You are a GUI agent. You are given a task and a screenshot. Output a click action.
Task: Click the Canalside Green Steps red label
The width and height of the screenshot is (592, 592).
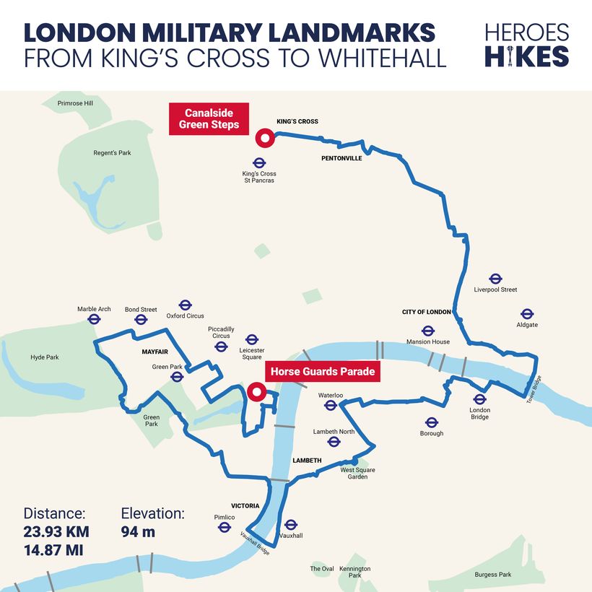tap(208, 119)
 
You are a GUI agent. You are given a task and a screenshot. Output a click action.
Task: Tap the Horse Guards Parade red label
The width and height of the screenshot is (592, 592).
tap(323, 372)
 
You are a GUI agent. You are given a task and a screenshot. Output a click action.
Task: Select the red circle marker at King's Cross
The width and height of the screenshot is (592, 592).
tap(264, 139)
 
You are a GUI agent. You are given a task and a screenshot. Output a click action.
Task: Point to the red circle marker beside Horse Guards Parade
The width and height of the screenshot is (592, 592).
tap(256, 393)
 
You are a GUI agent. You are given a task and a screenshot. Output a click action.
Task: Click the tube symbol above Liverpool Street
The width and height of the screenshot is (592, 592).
tap(495, 279)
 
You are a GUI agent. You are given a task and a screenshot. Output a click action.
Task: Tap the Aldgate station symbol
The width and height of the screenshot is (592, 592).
tap(527, 314)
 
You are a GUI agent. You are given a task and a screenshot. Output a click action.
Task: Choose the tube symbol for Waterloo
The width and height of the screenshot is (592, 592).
tap(331, 406)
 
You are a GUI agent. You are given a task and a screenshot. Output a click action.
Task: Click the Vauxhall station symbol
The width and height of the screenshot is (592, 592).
tap(291, 525)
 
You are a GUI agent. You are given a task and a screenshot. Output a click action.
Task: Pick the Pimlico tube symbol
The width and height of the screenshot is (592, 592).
tap(225, 528)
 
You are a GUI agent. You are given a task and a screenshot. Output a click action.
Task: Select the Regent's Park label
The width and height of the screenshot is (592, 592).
tap(112, 153)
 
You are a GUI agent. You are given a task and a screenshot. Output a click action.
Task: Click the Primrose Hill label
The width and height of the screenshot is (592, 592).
tap(76, 103)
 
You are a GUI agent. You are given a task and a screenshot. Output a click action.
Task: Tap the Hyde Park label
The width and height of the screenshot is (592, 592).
tap(45, 357)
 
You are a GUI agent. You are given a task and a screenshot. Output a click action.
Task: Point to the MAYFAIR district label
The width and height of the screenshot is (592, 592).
tap(154, 352)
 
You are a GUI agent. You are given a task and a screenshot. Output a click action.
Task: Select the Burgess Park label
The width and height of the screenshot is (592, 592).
tap(492, 575)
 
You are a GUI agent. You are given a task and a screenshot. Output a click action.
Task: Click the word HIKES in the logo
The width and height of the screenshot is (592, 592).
tap(527, 56)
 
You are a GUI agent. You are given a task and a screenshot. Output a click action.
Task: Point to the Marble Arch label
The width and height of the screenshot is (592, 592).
tap(94, 309)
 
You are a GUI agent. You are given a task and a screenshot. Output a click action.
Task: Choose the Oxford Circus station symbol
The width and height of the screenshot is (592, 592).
tap(185, 305)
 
